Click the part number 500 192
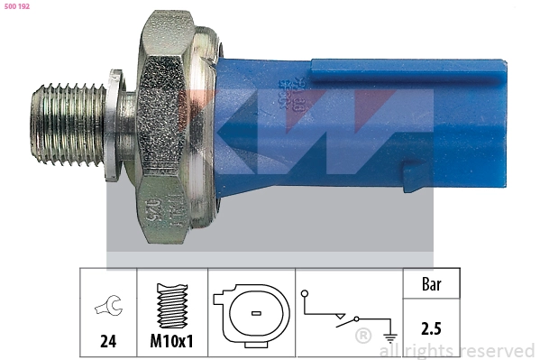tap(17, 6)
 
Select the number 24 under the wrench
tap(106, 342)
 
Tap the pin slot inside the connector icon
tap(255, 314)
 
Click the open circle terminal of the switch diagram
tap(306, 294)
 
